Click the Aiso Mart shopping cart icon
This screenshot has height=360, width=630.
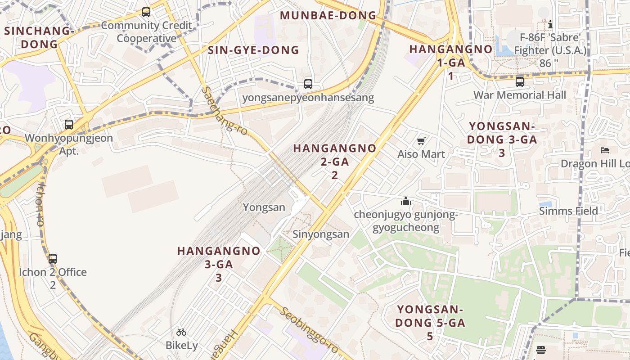421,141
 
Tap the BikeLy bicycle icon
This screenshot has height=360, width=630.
181,333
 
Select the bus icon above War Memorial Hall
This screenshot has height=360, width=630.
520,82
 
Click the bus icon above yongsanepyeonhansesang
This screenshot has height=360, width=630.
308,84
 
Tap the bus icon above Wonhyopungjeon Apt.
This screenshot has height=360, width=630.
69,125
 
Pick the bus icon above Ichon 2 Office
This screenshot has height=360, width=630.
53,259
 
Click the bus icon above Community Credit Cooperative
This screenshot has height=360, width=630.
146,12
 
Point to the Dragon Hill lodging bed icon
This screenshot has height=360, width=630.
605,150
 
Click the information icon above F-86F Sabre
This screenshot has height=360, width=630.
550,24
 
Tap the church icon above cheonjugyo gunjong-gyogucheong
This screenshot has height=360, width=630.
406,201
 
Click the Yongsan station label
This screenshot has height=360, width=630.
264,207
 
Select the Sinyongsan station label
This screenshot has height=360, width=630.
321,234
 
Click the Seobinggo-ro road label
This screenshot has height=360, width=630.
310,330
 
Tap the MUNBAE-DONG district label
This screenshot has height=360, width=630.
328,15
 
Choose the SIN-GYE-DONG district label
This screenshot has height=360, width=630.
253,50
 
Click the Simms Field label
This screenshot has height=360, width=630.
569,211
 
